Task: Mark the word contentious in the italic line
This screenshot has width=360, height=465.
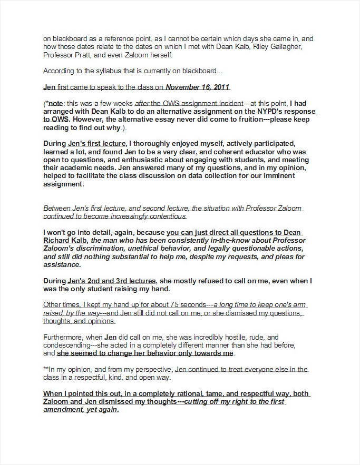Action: pos(161,216)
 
